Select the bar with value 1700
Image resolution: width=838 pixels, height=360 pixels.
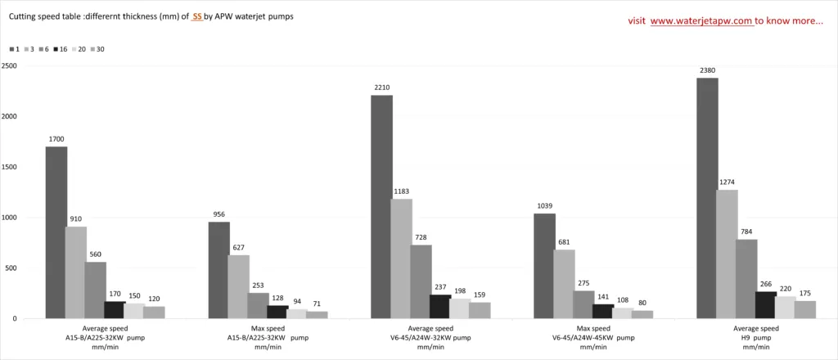tap(56, 232)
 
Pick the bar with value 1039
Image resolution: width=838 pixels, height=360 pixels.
tap(544, 266)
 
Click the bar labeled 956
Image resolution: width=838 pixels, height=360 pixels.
tap(219, 270)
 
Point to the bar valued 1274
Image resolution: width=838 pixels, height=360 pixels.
tap(727, 254)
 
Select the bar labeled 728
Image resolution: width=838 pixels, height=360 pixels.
tap(421, 281)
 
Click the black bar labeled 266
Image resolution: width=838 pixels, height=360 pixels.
tap(766, 304)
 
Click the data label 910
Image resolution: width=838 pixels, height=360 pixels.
tap(76, 219)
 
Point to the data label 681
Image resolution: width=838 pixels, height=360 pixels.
tap(564, 242)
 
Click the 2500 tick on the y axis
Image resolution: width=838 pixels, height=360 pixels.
tap(9, 65)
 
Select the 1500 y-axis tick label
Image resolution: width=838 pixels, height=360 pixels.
tap(9, 167)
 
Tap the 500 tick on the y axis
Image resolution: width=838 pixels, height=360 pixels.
tap(11, 268)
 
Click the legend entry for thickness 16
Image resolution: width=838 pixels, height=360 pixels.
tap(61, 49)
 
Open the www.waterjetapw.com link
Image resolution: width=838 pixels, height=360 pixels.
tap(701, 21)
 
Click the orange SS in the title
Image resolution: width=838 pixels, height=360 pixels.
tap(196, 16)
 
